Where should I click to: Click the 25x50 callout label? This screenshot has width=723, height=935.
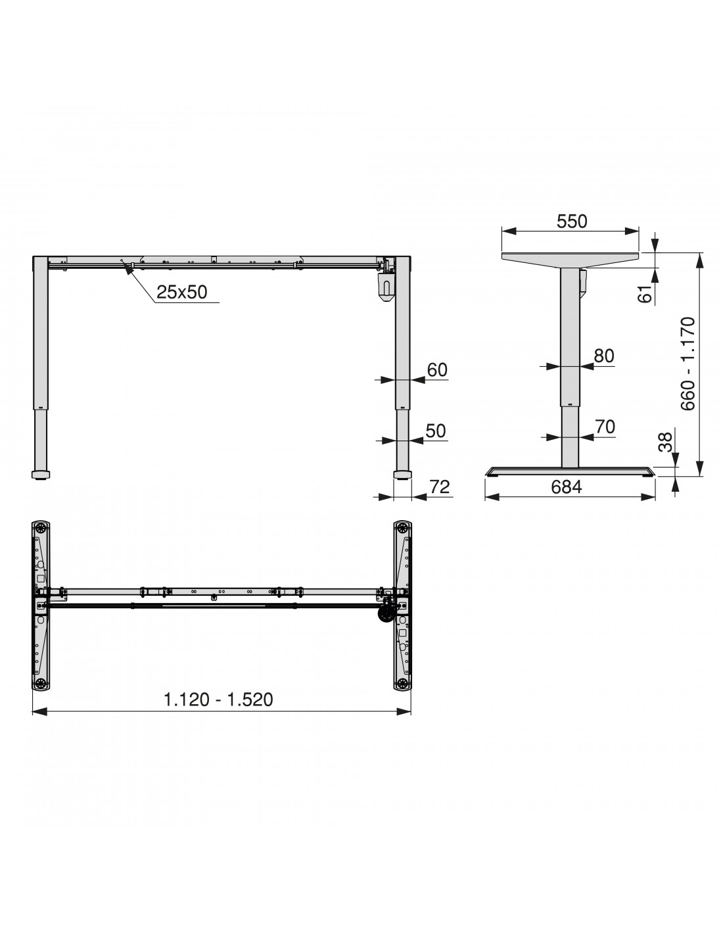181,292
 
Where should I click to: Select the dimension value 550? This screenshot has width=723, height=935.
572,221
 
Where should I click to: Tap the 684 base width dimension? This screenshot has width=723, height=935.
566,487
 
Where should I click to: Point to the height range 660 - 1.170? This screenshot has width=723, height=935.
688,364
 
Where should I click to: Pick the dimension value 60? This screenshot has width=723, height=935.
437,370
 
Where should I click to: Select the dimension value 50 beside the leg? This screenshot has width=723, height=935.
436,431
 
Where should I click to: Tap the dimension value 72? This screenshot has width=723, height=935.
440,487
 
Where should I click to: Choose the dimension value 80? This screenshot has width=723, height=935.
604,356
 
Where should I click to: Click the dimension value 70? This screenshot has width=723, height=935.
605,427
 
